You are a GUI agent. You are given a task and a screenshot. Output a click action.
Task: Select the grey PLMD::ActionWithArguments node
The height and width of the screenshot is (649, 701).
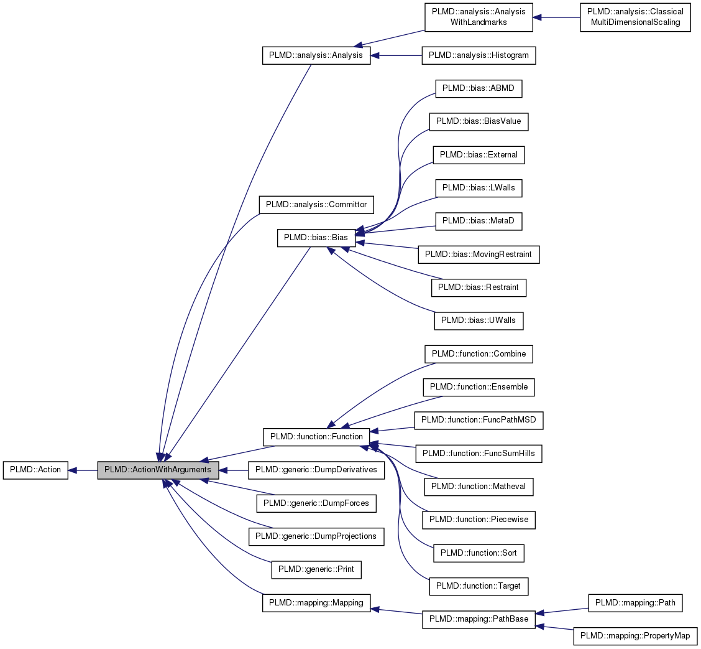[x=158, y=470]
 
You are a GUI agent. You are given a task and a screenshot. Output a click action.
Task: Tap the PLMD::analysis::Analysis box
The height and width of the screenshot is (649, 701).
[x=316, y=55]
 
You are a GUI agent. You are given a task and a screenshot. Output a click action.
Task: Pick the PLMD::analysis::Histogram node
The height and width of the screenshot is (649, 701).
[x=479, y=55]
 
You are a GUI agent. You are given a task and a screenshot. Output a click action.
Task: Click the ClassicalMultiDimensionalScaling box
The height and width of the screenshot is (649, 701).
[x=635, y=17]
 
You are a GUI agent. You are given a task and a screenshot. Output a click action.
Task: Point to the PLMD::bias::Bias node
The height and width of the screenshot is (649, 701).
[x=316, y=237]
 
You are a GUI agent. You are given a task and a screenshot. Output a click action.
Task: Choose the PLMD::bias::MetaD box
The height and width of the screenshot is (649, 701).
[x=479, y=220]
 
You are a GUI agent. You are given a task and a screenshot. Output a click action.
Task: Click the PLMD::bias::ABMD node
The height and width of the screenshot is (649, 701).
[x=479, y=88]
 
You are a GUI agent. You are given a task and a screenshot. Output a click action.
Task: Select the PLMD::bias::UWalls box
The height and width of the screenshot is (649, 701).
[x=479, y=320]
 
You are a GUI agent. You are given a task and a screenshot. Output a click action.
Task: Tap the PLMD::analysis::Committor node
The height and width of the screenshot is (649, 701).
[x=316, y=204]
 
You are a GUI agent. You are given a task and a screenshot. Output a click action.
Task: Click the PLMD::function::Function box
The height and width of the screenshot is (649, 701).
[x=316, y=436]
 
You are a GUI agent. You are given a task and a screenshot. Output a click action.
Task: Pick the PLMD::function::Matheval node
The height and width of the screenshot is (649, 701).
[x=479, y=486]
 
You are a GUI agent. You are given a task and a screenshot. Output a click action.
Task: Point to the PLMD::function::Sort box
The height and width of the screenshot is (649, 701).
[x=479, y=553]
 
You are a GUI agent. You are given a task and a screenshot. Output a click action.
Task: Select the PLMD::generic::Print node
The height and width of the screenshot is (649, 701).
[x=316, y=569]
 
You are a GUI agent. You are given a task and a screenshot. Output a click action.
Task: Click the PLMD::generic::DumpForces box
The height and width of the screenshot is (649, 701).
[x=316, y=503]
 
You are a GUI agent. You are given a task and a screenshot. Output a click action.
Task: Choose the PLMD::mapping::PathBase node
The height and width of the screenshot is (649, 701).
[x=479, y=619]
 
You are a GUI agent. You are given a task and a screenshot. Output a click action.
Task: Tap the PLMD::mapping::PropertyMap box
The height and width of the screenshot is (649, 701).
[x=635, y=636]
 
